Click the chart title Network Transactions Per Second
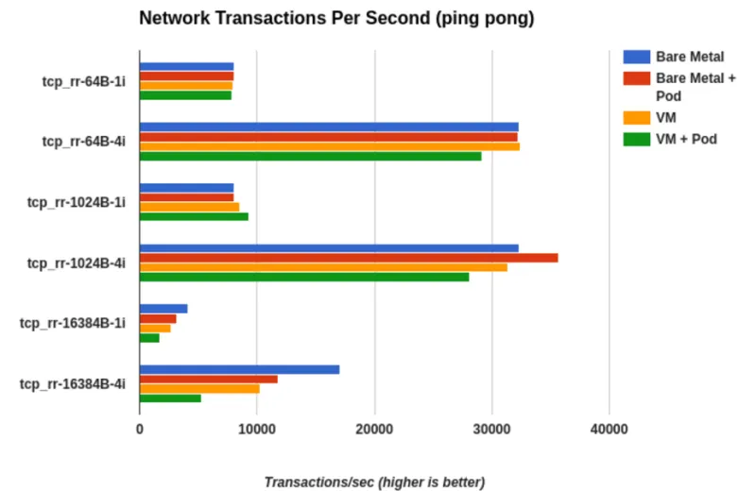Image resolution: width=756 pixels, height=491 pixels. [x=336, y=19]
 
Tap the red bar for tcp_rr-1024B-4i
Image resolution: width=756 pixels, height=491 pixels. [x=349, y=258]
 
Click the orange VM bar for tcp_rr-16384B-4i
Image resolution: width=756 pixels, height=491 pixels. [x=199, y=388]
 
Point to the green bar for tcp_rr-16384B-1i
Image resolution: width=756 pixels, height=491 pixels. [x=149, y=337]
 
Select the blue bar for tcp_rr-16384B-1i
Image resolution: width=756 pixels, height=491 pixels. [x=163, y=309]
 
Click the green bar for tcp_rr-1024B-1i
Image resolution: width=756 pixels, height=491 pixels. [x=194, y=216]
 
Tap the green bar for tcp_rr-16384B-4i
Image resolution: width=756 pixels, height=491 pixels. [x=170, y=398]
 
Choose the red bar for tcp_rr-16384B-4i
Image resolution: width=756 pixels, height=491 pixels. [x=209, y=379]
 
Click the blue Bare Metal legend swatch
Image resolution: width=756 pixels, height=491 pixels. [x=636, y=57]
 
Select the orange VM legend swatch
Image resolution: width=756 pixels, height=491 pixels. [x=636, y=117]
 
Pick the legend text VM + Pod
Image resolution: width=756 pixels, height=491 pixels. [x=686, y=139]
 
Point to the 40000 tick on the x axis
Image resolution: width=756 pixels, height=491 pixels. [x=609, y=429]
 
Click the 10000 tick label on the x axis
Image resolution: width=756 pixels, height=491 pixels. [x=256, y=429]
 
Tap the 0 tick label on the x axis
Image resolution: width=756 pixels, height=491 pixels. [x=140, y=429]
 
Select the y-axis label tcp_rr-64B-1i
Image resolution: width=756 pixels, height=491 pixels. [x=83, y=81]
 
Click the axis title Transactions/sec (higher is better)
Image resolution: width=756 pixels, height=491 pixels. [x=374, y=482]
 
